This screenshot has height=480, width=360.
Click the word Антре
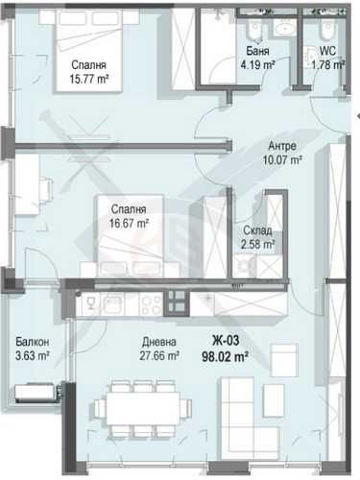pos(283,146)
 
